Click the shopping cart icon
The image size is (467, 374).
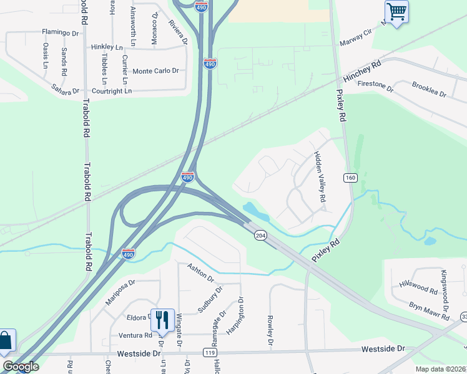click(396, 11)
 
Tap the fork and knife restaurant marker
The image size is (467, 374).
click(162, 320)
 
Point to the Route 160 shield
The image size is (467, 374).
click(350, 179)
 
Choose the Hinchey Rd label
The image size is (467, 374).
click(362, 72)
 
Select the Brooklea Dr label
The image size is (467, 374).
click(429, 89)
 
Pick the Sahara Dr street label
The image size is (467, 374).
click(66, 89)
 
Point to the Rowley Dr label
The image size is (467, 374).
click(271, 330)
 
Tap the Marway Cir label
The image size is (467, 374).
click(355, 42)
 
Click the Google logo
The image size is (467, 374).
click(20, 367)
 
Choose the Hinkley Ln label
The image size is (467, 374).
click(106, 47)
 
